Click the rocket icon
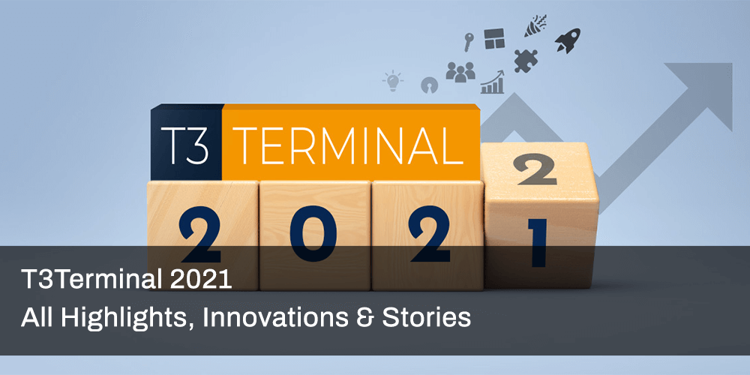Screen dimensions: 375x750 click(567, 40)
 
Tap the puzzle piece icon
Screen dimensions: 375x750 click(525, 59)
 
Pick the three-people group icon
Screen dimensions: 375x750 click(460, 71)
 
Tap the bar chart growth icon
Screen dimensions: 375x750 click(493, 82)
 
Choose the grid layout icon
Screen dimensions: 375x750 click(493, 38)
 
